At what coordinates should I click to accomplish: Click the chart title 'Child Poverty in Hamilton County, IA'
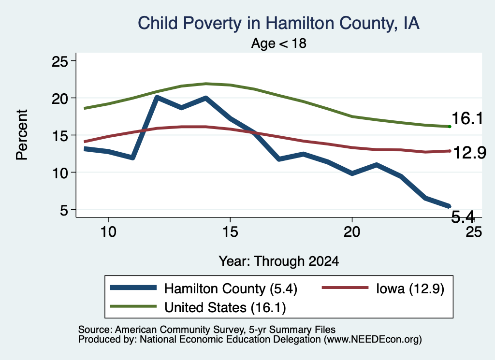click(x=278, y=24)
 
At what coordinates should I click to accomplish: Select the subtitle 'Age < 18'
click(x=279, y=43)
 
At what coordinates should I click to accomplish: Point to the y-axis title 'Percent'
click(x=22, y=135)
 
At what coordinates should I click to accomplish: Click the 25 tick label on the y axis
click(x=59, y=61)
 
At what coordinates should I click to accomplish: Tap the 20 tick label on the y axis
click(x=59, y=99)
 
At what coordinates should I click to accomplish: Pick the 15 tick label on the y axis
click(x=59, y=136)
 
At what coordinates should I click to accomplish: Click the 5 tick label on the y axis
click(x=64, y=210)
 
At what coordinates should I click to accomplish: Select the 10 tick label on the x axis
click(x=108, y=232)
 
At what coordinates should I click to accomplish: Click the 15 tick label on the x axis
click(x=230, y=232)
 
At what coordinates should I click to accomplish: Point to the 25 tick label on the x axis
click(x=474, y=232)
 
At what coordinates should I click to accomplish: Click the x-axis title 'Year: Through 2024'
click(x=279, y=261)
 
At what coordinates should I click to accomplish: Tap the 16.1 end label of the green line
click(x=467, y=119)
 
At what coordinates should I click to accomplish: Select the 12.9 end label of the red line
click(x=470, y=153)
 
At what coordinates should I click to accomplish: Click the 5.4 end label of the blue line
click(x=463, y=217)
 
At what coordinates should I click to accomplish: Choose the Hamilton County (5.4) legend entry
click(x=204, y=288)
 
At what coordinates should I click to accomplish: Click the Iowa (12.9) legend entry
click(x=383, y=288)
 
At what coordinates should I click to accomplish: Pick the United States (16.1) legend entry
click(x=198, y=307)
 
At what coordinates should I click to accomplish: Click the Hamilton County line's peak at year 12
click(x=157, y=97)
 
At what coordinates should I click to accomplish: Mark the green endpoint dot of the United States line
click(x=450, y=127)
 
